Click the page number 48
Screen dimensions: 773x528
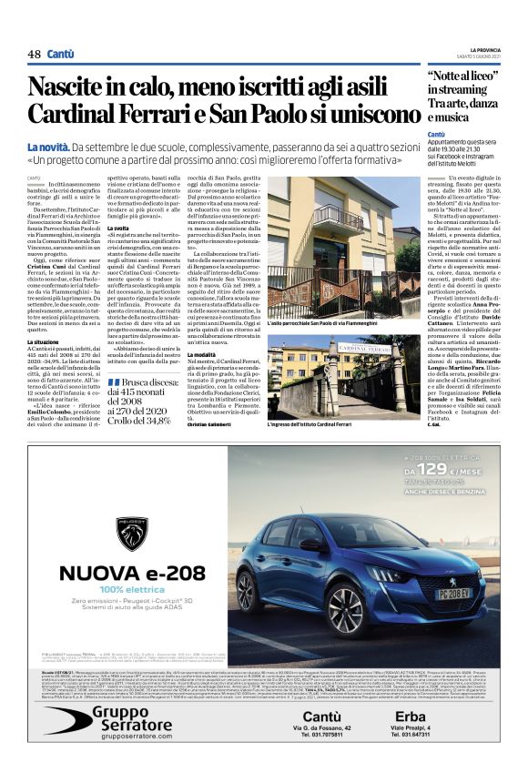point(34,55)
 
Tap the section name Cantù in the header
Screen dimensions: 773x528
point(61,55)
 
